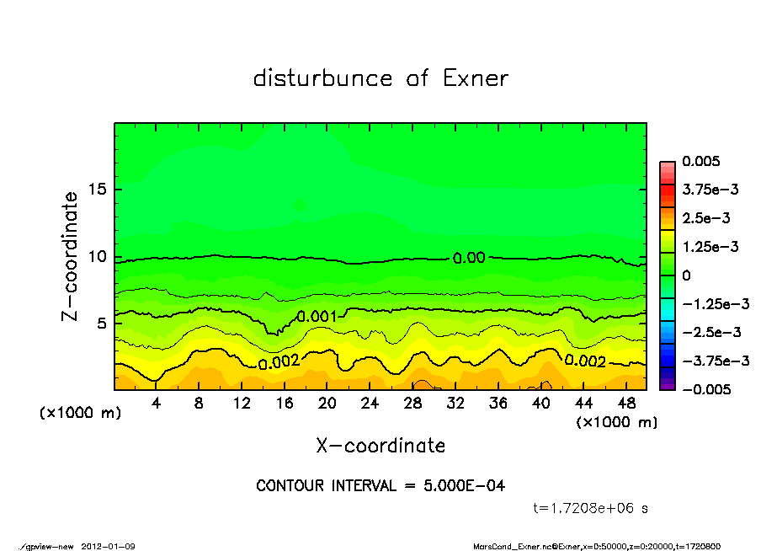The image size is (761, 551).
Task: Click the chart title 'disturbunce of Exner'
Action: [x=380, y=78]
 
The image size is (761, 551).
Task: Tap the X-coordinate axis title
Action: [x=380, y=446]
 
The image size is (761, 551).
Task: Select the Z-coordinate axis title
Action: [x=71, y=256]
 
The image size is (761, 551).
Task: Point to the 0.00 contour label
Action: [x=469, y=258]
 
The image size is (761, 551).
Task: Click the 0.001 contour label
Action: [x=317, y=317]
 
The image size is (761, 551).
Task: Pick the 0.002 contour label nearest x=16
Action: [x=279, y=362]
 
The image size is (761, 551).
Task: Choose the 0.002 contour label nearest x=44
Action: [x=584, y=361]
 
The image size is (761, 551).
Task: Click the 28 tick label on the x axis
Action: [x=412, y=404]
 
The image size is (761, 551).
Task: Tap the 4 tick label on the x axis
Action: [x=157, y=404]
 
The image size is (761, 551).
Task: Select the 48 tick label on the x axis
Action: [x=625, y=404]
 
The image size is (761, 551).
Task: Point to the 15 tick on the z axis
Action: [x=98, y=189]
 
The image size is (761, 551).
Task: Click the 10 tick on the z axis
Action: [x=98, y=257]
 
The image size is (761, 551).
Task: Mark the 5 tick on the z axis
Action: [x=103, y=324]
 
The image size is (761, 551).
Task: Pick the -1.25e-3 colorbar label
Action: [x=710, y=303]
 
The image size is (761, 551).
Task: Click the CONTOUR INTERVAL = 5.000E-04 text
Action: [x=380, y=486]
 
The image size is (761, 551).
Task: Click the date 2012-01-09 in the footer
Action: [x=109, y=546]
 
